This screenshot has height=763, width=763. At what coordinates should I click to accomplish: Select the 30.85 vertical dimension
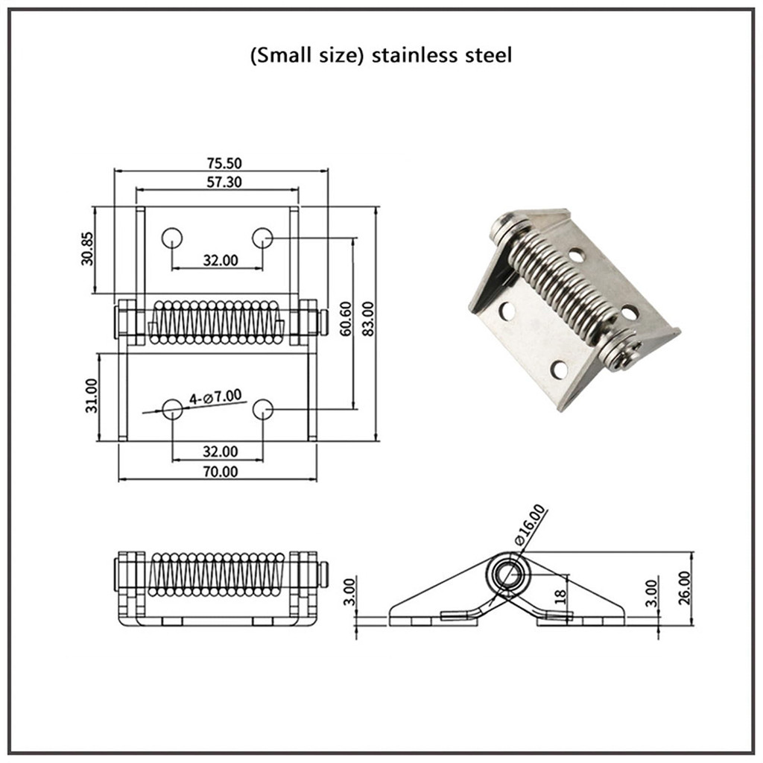(x=88, y=249)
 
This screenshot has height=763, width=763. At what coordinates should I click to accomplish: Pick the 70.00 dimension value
(x=219, y=471)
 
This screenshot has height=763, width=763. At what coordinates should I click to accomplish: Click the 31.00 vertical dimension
(x=91, y=395)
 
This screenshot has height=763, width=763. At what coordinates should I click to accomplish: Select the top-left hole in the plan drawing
(x=172, y=238)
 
